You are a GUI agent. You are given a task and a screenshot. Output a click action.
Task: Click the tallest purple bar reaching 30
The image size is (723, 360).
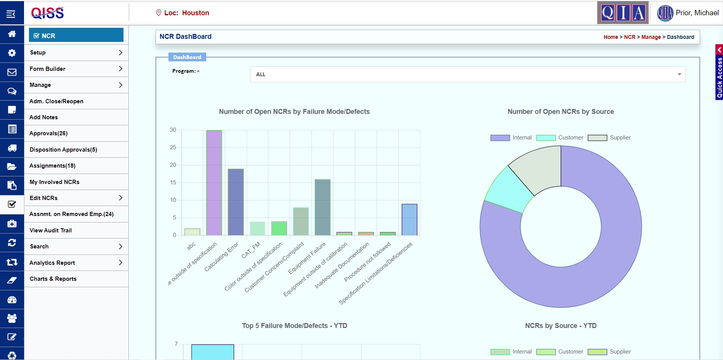(214, 183)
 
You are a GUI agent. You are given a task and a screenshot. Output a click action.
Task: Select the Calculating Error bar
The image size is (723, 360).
(236, 202)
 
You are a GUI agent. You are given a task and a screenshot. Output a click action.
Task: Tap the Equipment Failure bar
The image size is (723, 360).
(322, 207)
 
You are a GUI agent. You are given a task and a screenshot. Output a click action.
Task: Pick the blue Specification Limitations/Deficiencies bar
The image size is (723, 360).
(409, 219)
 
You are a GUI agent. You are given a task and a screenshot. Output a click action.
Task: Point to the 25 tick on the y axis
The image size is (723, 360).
(173, 147)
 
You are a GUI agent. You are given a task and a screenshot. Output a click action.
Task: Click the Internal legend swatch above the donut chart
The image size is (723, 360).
(500, 138)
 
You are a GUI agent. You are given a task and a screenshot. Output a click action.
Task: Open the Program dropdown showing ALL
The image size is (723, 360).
(468, 74)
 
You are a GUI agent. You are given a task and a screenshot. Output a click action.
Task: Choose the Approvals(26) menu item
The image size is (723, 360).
(48, 133)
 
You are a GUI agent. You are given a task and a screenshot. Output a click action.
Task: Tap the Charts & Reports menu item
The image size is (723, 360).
(53, 279)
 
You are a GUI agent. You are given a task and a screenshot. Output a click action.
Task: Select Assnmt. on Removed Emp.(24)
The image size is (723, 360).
(71, 214)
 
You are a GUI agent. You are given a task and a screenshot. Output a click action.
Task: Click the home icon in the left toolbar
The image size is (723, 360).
(12, 34)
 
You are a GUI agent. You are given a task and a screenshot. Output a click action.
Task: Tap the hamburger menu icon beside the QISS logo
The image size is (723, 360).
(11, 14)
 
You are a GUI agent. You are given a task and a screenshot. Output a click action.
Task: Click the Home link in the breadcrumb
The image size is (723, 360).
(611, 37)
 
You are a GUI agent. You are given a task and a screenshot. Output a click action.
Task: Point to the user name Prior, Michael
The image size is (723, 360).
(697, 13)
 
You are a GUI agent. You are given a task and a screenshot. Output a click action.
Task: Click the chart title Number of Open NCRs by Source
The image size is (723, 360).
(561, 112)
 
